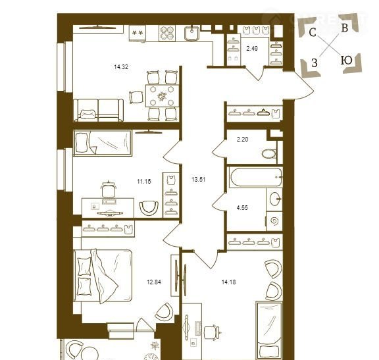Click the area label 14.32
click(x=121, y=66)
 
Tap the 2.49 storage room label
click(x=252, y=49)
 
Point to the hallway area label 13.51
click(x=199, y=180)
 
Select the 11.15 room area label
click(x=144, y=181)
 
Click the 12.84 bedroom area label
click(x=154, y=282)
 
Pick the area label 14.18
click(x=229, y=282)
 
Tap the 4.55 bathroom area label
click(x=242, y=208)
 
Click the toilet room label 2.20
click(x=242, y=140)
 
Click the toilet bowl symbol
click(x=269, y=154)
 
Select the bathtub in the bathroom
click(x=256, y=177)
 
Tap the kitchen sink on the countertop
click(x=192, y=33)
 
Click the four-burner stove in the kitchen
click(x=167, y=33)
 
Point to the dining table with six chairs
click(x=162, y=95)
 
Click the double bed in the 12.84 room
click(x=103, y=276)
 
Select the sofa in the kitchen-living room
click(x=99, y=110)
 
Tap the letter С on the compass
click(x=313, y=32)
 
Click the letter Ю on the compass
click(x=346, y=61)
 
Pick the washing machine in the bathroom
click(x=274, y=221)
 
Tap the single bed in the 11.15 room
click(x=103, y=143)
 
